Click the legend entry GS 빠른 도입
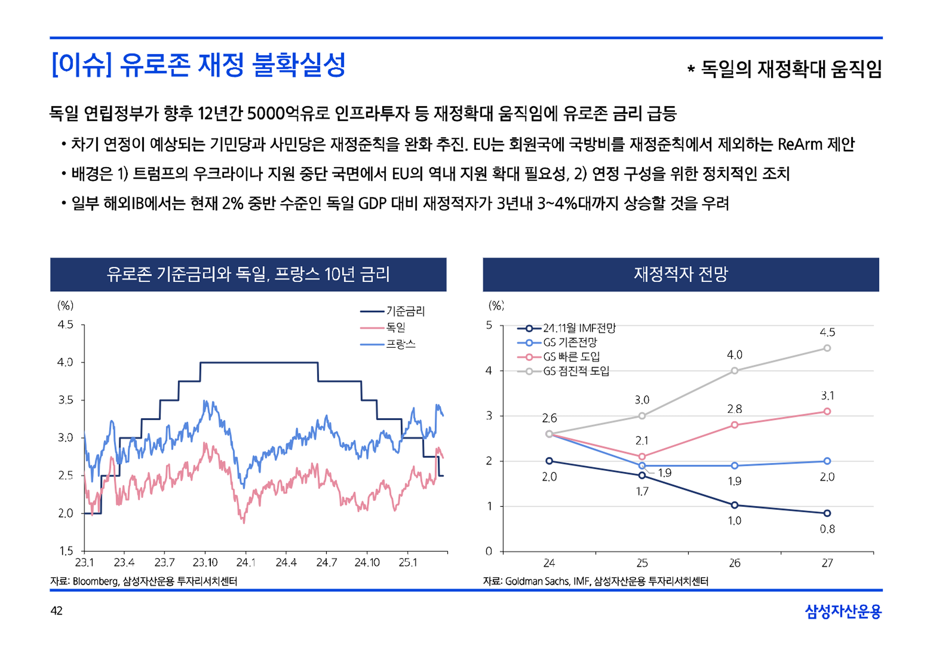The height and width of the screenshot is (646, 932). (x=571, y=357)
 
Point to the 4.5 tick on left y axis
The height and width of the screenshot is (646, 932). (x=66, y=325)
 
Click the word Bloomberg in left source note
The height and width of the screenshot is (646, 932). (x=95, y=581)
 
